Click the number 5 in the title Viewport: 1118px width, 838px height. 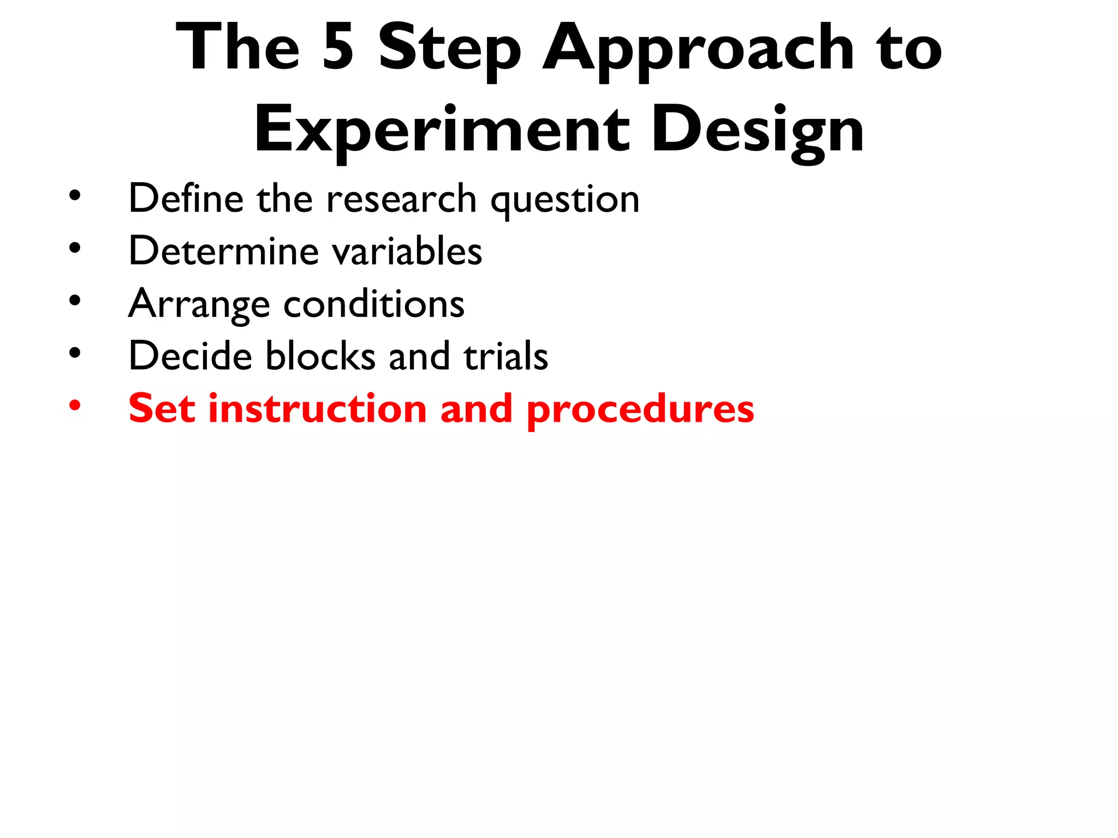pos(338,47)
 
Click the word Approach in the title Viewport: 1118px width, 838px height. pos(698,50)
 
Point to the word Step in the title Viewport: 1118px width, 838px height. pos(449,50)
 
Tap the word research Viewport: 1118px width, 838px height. pos(401,199)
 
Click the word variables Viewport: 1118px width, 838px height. pos(407,251)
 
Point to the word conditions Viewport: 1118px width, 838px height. pos(374,303)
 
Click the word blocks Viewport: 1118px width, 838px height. pos(320,356)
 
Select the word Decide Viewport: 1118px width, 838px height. pos(191,356)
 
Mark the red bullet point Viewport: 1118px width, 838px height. pos(75,405)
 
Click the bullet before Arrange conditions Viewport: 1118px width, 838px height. pos(75,300)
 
